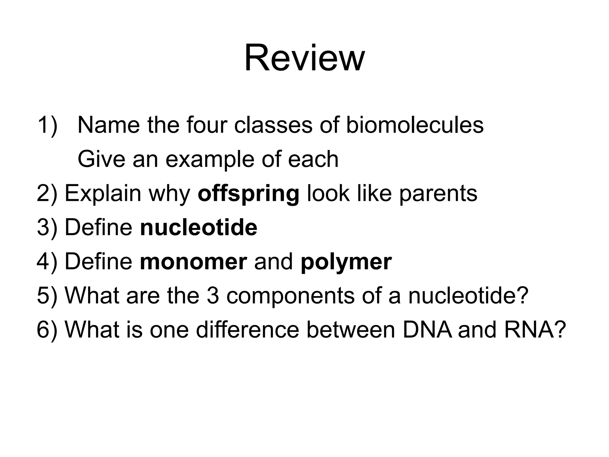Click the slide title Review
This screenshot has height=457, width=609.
tap(304, 58)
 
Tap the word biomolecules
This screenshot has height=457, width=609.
tap(415, 125)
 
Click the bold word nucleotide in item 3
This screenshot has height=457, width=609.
tap(198, 227)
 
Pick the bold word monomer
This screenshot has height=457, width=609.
tap(193, 262)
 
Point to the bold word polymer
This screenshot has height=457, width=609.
tap(346, 262)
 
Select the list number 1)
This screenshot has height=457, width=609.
tap(48, 125)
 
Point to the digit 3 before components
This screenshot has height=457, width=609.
tap(213, 296)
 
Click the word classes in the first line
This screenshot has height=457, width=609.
tap(273, 125)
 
